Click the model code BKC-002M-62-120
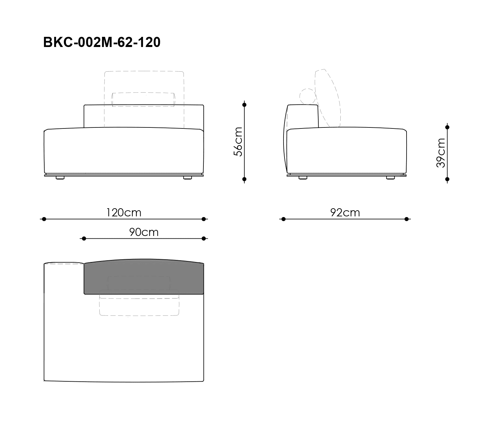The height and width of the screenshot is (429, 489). click(x=102, y=42)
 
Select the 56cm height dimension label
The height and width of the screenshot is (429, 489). click(x=238, y=142)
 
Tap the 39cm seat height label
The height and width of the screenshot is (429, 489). click(x=440, y=153)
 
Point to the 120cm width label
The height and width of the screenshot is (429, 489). click(x=124, y=213)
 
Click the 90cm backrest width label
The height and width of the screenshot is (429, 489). click(x=144, y=232)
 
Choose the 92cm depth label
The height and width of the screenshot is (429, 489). click(x=345, y=213)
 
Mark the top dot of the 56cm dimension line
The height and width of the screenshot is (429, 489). click(x=244, y=105)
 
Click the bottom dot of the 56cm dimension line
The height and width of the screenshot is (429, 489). click(x=244, y=179)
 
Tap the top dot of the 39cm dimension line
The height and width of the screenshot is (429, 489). click(x=447, y=127)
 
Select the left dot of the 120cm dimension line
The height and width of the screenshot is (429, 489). click(x=44, y=219)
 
